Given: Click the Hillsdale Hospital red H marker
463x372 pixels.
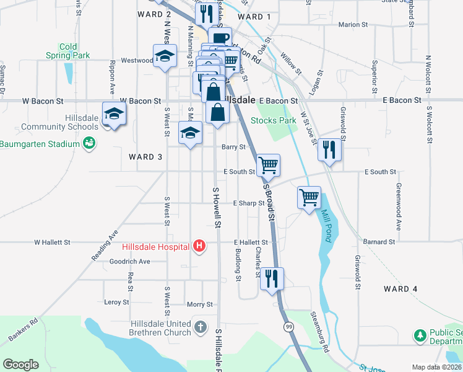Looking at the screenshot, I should tap(199, 247).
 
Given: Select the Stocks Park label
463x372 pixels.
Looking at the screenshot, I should tap(274, 120).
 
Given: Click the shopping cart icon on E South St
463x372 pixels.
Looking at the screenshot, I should tap(268, 165).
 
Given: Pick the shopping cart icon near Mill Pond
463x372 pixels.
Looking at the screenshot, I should tap(309, 198).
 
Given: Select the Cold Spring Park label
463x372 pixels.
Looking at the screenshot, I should tap(68, 51).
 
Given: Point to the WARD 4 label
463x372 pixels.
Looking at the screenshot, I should tap(400, 289).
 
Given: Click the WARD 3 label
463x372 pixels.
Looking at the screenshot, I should tap(145, 157).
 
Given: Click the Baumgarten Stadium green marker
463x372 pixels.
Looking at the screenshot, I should tap(89, 144).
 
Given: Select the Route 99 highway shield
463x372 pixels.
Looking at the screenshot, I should tap(289, 326).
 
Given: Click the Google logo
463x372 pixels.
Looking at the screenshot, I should tap(20, 364).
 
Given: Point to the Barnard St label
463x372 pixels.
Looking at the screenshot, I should tap(379, 242).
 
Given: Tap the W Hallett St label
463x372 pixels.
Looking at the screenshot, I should tap(53, 242).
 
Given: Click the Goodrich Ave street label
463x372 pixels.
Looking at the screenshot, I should tap(129, 262).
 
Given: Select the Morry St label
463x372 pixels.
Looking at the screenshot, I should tap(200, 304).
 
